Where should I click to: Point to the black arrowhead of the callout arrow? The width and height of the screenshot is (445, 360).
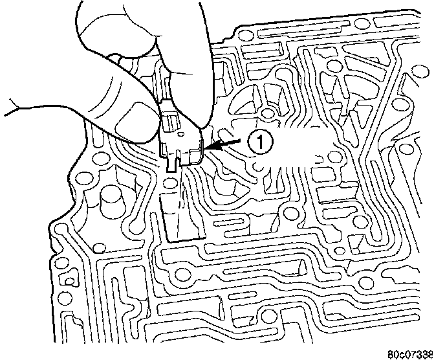click(208, 148)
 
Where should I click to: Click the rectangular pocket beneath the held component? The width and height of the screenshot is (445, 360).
click(182, 217)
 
